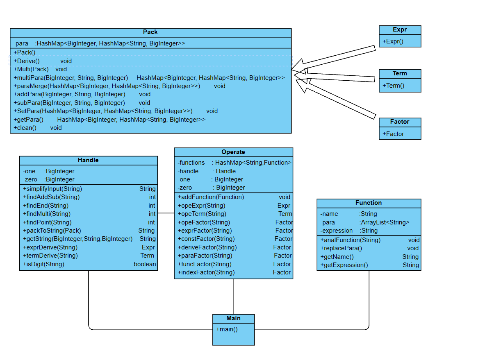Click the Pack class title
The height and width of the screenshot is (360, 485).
click(x=150, y=32)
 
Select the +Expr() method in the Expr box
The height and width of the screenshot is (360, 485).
click(x=393, y=41)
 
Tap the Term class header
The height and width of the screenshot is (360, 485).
click(x=400, y=74)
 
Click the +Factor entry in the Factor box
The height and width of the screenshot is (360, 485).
click(x=393, y=134)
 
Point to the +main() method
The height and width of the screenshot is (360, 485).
click(x=227, y=329)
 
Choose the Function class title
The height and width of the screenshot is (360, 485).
click(x=369, y=203)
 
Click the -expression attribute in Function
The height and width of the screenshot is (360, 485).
click(x=337, y=231)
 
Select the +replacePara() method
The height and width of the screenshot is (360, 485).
click(x=341, y=248)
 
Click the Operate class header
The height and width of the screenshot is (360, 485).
click(x=233, y=152)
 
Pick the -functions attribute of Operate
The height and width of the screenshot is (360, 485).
click(x=191, y=163)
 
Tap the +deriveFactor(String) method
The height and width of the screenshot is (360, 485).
click(x=207, y=247)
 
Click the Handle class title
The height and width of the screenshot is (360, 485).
click(x=88, y=160)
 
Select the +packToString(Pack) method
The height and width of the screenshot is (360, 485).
click(x=52, y=231)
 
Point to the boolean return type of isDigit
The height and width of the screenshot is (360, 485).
click(x=145, y=264)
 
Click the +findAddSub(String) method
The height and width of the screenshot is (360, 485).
click(x=51, y=197)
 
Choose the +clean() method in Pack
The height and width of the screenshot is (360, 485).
click(x=25, y=128)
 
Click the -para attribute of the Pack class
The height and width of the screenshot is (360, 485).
click(x=21, y=43)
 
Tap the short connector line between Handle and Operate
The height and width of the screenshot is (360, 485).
click(x=166, y=213)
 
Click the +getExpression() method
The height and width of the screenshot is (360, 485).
click(x=344, y=265)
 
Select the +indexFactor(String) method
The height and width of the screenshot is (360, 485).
click(x=206, y=272)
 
